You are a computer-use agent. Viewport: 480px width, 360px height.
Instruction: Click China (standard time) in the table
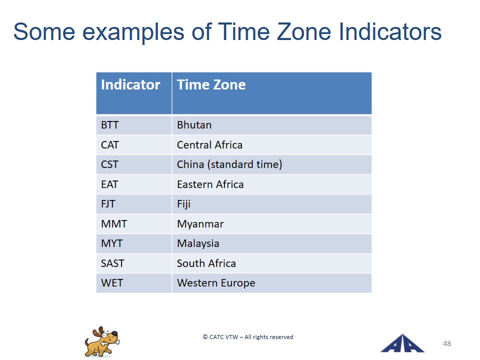229,164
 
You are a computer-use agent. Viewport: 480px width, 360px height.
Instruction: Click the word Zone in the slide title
303,32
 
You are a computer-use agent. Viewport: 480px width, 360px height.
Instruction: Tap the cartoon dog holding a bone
102,341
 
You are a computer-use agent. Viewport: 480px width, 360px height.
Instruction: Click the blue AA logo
402,343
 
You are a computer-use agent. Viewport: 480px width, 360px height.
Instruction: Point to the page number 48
447,344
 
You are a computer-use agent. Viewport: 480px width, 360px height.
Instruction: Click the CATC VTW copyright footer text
248,337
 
